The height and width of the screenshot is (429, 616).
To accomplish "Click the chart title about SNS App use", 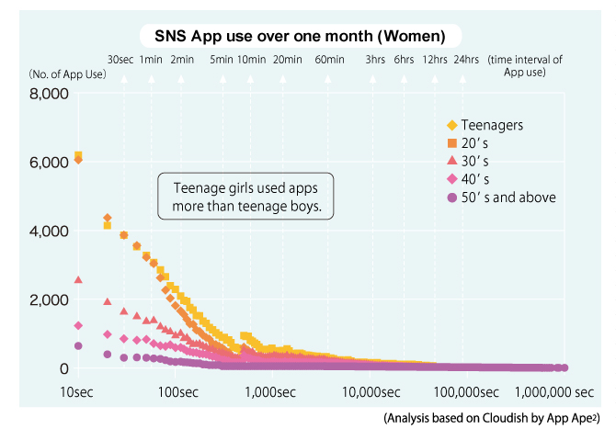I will point(293,37).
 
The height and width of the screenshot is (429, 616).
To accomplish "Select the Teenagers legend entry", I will point(493,125).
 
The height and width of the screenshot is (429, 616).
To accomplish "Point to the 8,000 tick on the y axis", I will point(48,94).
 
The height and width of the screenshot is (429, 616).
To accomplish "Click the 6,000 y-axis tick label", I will point(48,163).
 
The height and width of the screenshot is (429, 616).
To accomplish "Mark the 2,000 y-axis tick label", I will point(48,299).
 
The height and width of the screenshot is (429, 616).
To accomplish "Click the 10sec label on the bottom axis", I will point(78,392).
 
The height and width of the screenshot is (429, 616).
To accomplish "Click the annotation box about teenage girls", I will point(245,197).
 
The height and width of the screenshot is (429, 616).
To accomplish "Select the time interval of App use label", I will point(526,65).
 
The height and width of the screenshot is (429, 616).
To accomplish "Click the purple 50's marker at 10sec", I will point(78,346).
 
